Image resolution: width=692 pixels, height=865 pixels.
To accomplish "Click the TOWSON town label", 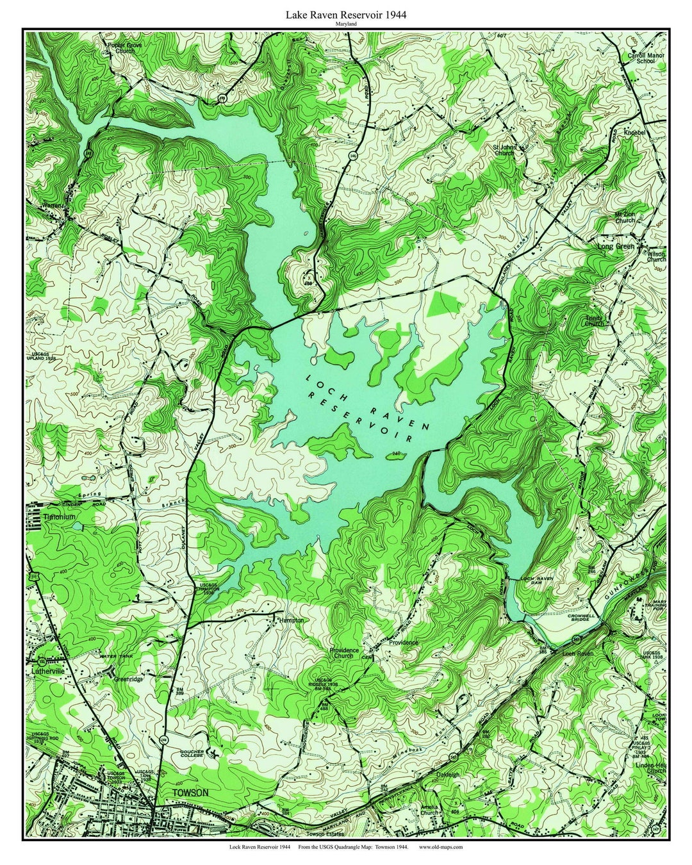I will (191, 793).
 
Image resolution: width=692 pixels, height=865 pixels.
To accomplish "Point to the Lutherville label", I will (49, 672).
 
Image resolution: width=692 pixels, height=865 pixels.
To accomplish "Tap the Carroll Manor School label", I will (646, 59).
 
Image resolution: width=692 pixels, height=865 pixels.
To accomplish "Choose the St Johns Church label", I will (504, 151).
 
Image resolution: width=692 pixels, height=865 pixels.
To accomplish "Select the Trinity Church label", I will (594, 320).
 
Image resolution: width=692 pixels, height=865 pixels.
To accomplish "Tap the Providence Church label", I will (343, 653).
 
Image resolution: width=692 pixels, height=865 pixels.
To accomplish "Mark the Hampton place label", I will (291, 620).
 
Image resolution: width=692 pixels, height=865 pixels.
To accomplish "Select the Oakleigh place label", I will (449, 774).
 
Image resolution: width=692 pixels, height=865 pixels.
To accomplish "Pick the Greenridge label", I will (128, 679).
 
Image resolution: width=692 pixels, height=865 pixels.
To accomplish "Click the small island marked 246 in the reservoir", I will (391, 457).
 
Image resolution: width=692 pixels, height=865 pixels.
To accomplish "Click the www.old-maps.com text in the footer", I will (441, 847).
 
